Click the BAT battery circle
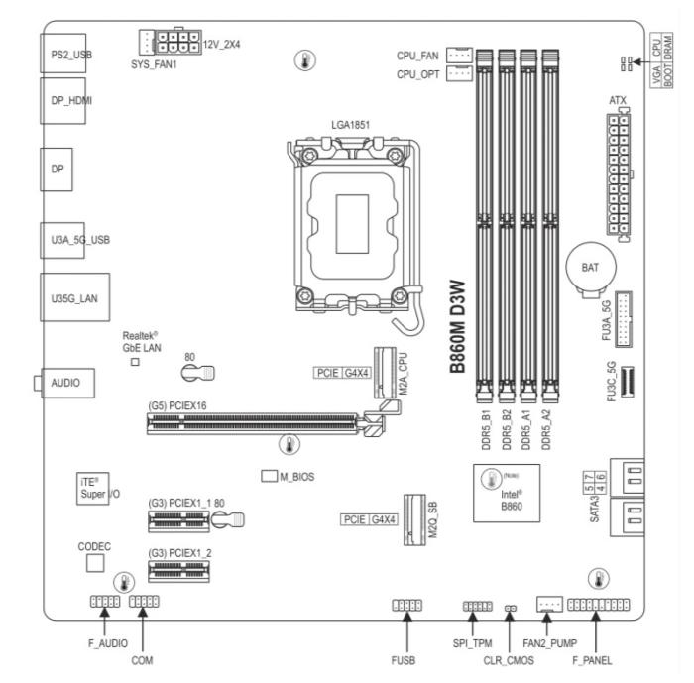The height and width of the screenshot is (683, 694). click(x=591, y=267)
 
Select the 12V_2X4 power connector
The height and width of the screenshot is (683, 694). click(x=177, y=42)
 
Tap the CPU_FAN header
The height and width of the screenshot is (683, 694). click(x=459, y=55)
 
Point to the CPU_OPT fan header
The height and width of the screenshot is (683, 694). click(x=459, y=73)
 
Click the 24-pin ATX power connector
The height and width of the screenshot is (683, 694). click(x=619, y=173)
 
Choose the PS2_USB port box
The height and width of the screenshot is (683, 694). click(x=62, y=54)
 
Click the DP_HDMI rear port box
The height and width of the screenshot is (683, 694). click(x=62, y=101)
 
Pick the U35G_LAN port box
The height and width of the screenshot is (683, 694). click(x=74, y=297)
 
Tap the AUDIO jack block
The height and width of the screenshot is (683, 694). click(x=67, y=383)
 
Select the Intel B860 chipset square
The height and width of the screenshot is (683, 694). click(x=507, y=493)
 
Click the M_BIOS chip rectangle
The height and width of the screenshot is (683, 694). click(x=269, y=476)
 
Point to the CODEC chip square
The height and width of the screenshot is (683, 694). click(x=95, y=563)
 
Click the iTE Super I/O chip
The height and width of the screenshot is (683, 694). click(x=92, y=489)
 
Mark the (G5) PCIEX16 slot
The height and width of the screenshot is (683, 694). click(x=252, y=424)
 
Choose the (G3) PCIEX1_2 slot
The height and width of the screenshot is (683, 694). click(x=179, y=571)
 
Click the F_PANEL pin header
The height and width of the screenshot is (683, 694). click(x=599, y=605)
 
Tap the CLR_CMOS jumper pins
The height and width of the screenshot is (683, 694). click(x=511, y=609)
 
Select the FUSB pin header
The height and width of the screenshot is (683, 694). click(x=407, y=605)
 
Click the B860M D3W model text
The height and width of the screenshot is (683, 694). click(x=458, y=327)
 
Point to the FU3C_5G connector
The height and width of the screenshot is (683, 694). click(x=628, y=382)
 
